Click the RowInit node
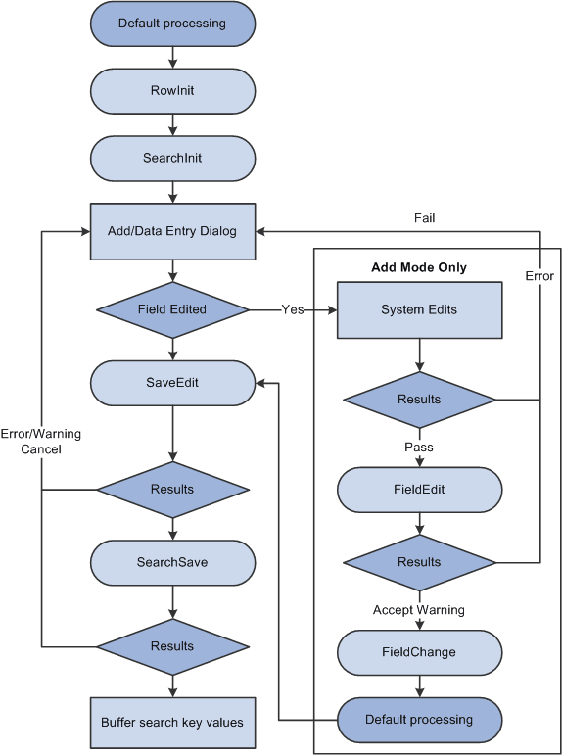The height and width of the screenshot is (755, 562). pyautogui.click(x=172, y=91)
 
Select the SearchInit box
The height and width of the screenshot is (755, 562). pyautogui.click(x=172, y=157)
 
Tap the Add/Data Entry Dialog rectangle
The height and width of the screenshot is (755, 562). pyautogui.click(x=172, y=232)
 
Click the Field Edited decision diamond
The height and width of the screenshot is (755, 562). pyautogui.click(x=172, y=309)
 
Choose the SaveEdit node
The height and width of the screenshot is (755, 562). pyautogui.click(x=172, y=382)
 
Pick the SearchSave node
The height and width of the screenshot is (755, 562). pyautogui.click(x=172, y=562)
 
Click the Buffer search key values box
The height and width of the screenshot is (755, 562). pyautogui.click(x=172, y=723)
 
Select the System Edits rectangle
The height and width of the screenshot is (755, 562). pyautogui.click(x=419, y=310)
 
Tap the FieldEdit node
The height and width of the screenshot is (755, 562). pyautogui.click(x=419, y=489)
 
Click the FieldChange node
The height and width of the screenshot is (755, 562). pyautogui.click(x=419, y=651)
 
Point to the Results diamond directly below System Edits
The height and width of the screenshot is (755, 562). pyautogui.click(x=419, y=400)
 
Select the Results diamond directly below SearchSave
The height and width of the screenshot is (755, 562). pyautogui.click(x=172, y=646)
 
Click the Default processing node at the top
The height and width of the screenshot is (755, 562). pyautogui.click(x=172, y=23)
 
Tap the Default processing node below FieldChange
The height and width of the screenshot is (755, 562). pyautogui.click(x=419, y=720)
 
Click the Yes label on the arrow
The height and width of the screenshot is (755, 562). pyautogui.click(x=293, y=309)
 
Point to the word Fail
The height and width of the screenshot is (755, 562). pyautogui.click(x=423, y=218)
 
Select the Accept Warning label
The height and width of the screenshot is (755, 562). pyautogui.click(x=419, y=610)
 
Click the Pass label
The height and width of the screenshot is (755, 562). pyautogui.click(x=419, y=447)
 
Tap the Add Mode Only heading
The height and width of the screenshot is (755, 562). pyautogui.click(x=419, y=267)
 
